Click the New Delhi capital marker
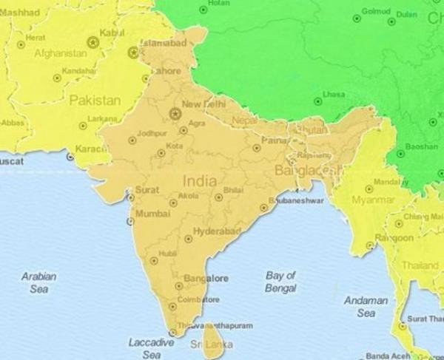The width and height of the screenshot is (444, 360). pyautogui.click(x=175, y=114)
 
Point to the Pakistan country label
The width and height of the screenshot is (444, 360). pyautogui.click(x=95, y=100)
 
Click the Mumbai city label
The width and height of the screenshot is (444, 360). pyautogui.click(x=153, y=214)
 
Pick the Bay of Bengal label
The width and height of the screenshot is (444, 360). pyautogui.click(x=280, y=280)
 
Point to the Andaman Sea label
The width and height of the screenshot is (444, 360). pyautogui.click(x=366, y=307)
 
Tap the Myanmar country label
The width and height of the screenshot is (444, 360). pyautogui.click(x=373, y=200)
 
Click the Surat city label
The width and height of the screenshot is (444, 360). pyautogui.click(x=147, y=189)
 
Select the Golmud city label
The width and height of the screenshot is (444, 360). pyautogui.click(x=375, y=13)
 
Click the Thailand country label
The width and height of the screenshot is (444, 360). pyautogui.click(x=420, y=265)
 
